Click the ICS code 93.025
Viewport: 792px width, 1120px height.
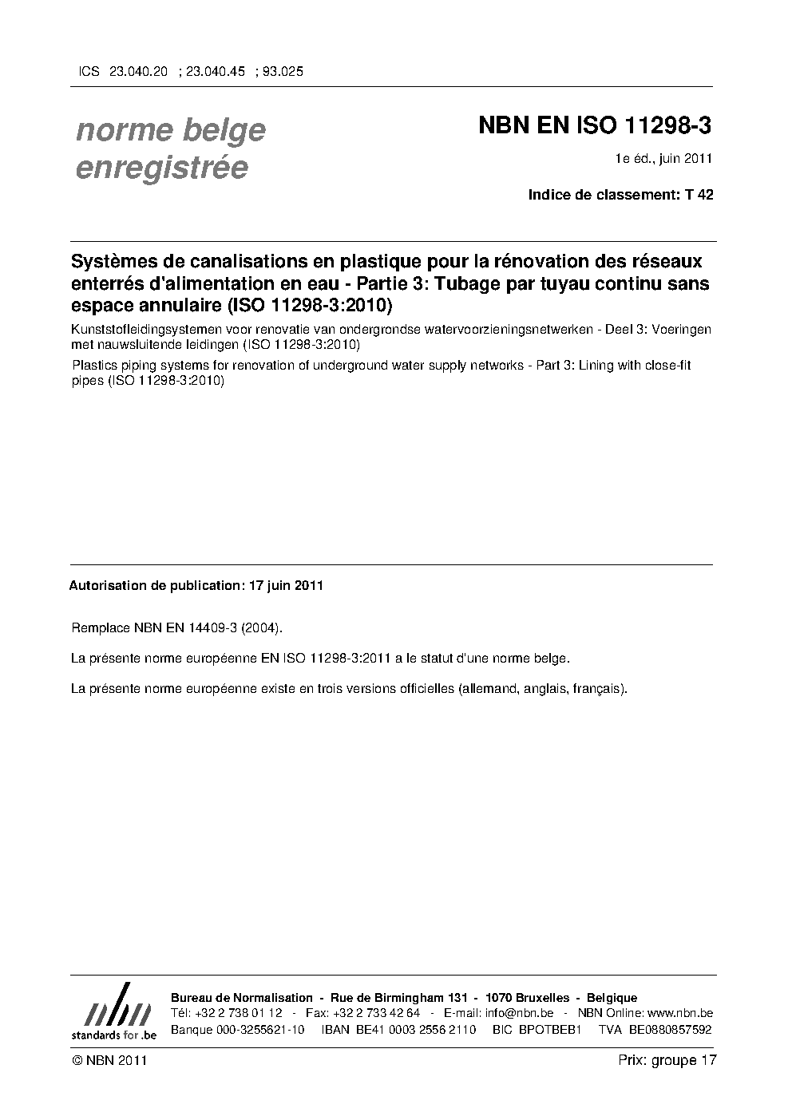(282, 71)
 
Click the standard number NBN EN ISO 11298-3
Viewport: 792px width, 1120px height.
(595, 126)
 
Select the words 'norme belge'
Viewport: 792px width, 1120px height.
(171, 130)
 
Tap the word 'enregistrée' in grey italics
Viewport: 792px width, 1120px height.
(162, 168)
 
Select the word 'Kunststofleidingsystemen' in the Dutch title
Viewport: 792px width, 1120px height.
(141, 330)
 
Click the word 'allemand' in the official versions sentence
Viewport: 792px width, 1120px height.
(489, 687)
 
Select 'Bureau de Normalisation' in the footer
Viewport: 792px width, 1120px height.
(242, 998)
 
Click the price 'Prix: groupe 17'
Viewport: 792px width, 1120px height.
(667, 1060)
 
